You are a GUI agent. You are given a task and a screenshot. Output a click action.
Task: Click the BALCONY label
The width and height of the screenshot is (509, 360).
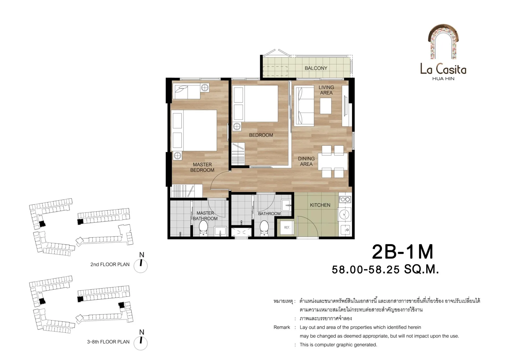pos(316,68)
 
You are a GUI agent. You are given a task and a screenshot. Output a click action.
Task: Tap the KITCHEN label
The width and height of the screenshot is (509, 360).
pos(320,205)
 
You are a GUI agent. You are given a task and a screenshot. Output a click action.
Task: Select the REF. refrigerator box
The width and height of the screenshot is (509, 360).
pos(287,228)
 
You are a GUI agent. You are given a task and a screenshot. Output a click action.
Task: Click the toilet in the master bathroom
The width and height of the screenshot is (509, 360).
pos(203,228)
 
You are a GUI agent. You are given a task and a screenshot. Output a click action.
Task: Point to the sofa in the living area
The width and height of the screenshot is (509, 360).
pos(304,106)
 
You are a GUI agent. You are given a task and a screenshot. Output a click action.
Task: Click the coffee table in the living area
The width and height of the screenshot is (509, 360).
pos(326,106)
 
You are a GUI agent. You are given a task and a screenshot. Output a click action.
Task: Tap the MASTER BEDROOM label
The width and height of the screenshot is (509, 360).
pos(202,167)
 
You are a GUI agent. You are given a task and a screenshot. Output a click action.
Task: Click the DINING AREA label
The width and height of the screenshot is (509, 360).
pos(306,161)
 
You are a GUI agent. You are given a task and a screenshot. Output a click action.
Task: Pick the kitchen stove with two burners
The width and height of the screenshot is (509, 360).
pos(345,199)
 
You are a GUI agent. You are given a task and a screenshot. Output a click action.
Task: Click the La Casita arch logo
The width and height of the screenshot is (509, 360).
pos(443,42)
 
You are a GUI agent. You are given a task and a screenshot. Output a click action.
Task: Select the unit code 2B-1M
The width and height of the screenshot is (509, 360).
pos(403,252)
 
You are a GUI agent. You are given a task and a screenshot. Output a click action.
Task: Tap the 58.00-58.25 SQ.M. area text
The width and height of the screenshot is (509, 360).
pos(385,269)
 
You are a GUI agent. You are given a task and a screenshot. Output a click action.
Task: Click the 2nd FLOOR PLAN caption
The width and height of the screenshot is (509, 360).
pos(110,265)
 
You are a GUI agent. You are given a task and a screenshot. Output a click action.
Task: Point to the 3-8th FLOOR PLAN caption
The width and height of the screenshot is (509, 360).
pos(108,342)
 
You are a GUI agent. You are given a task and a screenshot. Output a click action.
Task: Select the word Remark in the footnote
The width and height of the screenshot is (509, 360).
pos(282,327)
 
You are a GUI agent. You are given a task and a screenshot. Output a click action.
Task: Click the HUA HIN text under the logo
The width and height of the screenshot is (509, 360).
pos(443,79)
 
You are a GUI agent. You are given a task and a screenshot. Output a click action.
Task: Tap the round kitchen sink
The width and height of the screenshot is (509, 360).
pos(344,214)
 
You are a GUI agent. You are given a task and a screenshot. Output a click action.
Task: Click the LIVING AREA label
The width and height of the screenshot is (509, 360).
pos(326,90)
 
